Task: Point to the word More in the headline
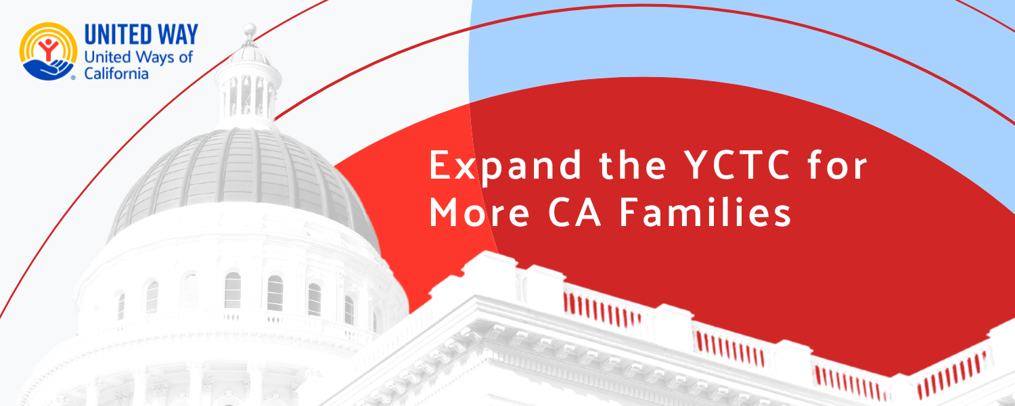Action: coord(479,212)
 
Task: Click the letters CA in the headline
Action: coord(574,212)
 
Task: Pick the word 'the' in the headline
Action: coord(633,165)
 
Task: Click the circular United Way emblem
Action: coord(48,51)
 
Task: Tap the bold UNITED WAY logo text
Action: coord(141,35)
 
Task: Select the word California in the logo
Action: coord(116,73)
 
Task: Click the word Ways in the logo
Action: coord(155,58)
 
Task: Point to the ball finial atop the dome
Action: coord(250,30)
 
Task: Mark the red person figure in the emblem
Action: coord(48,49)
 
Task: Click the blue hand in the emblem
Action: coord(48,70)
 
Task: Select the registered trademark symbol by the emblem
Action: coord(73,78)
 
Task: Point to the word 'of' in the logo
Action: coord(186,57)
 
